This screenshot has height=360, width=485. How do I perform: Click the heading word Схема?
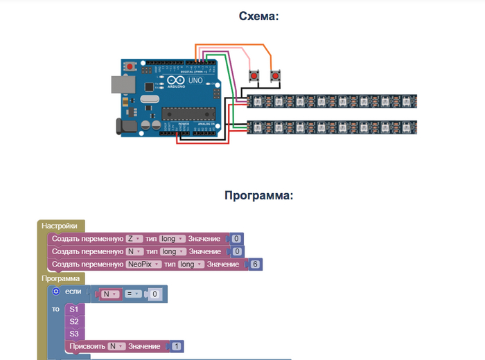[x=258, y=16]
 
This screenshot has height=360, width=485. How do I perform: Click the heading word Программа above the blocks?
[x=258, y=195]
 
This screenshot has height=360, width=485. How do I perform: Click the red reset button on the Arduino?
[x=130, y=66]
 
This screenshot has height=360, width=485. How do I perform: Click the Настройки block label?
[x=61, y=226]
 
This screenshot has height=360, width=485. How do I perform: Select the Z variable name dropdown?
[x=132, y=238]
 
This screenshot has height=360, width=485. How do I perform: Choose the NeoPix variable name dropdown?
[x=143, y=264]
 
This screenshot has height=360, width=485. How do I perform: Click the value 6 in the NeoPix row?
[x=256, y=264]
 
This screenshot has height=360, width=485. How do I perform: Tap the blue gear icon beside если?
[x=56, y=291]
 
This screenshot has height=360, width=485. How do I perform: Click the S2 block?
[x=74, y=321]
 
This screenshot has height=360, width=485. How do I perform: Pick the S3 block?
[x=74, y=334]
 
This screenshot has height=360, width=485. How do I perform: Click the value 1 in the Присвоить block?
[x=177, y=346]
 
